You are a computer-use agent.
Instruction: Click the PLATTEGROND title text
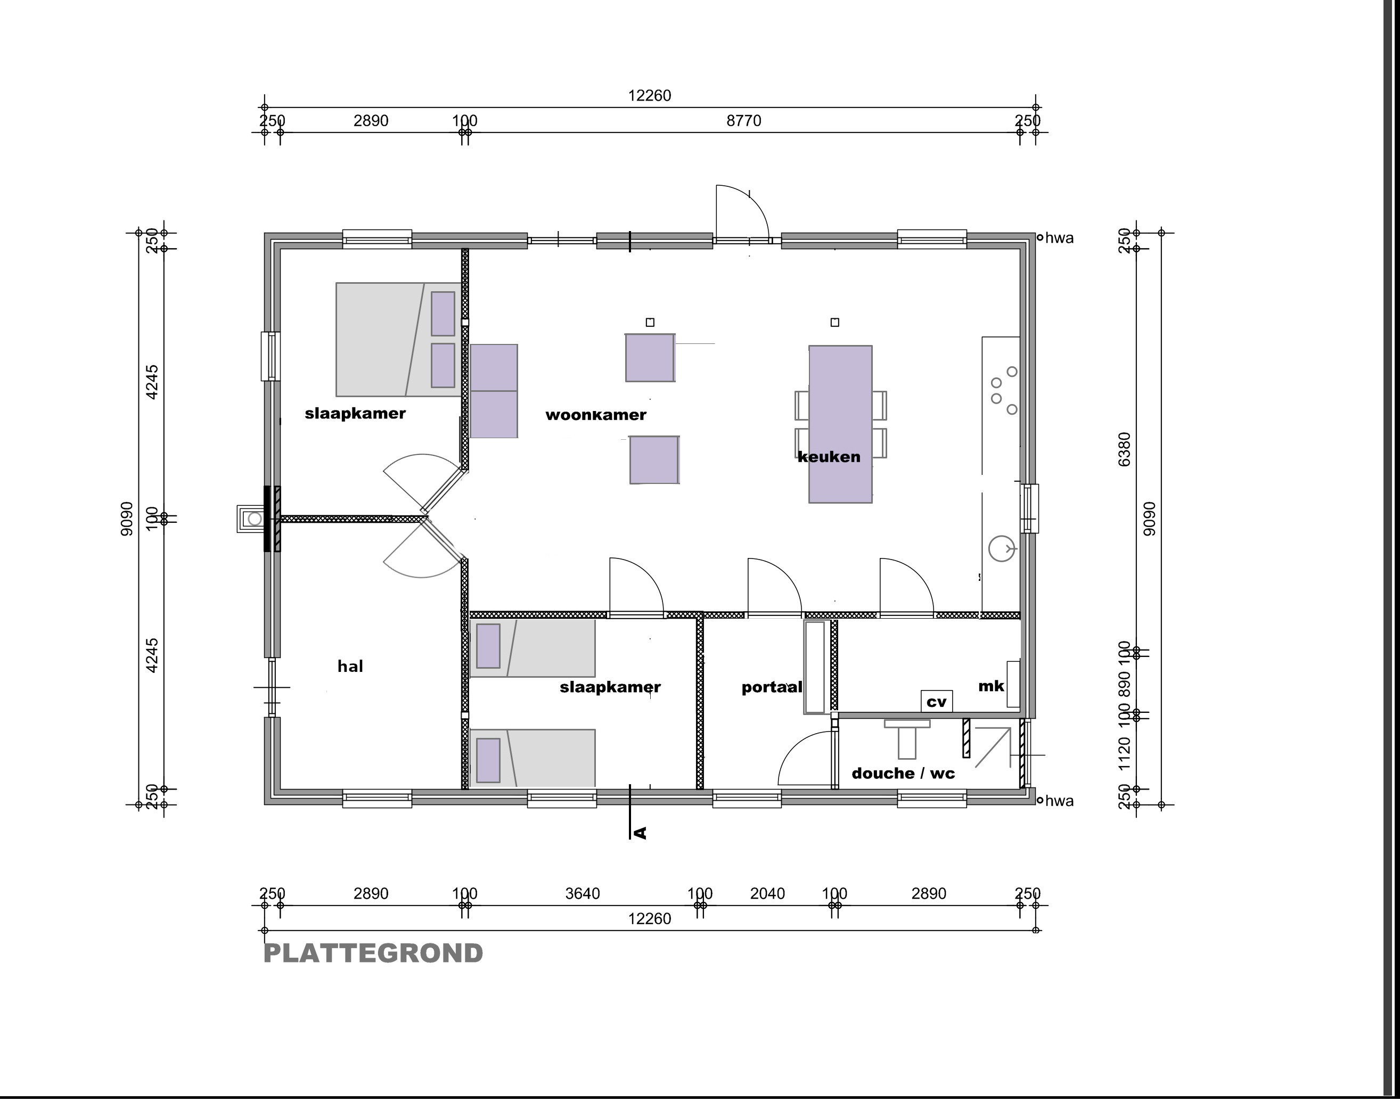coord(373,954)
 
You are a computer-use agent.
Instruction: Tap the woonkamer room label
coord(596,415)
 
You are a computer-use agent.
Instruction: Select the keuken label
coord(829,456)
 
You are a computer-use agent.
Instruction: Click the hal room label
coord(350,666)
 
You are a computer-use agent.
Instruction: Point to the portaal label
coord(772,687)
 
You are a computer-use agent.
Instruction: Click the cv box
coord(936,701)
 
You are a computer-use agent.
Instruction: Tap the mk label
coord(991,686)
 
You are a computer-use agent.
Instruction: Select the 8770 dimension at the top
coord(743,120)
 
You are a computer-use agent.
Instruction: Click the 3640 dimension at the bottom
coord(582,893)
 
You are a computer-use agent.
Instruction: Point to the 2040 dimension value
coord(767,893)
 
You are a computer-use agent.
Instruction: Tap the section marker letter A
coord(640,833)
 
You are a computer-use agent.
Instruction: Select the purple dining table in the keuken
coord(840,424)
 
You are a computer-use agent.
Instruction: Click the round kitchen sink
coord(1002,548)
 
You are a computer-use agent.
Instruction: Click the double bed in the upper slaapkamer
coord(398,339)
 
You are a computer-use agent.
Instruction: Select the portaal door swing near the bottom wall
coord(805,758)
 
